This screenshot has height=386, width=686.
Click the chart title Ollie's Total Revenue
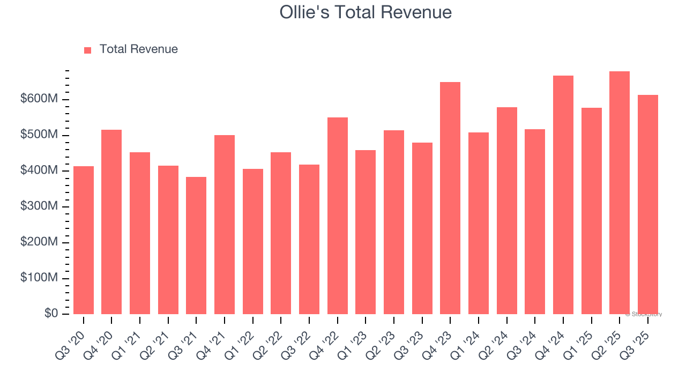coord(366,12)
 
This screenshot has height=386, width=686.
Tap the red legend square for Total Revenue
coord(88,50)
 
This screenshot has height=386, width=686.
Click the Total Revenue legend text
coord(138,49)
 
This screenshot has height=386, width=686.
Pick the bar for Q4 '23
coord(450,198)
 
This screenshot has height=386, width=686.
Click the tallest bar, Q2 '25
coord(620,193)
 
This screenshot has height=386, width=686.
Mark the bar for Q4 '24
coord(563,195)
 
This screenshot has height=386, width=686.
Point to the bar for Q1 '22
coord(253,241)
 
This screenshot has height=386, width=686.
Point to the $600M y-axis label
coord(40,99)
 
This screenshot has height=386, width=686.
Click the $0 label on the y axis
coord(51,314)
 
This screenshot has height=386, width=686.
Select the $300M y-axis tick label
coord(40,206)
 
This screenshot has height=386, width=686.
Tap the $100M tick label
coord(40,278)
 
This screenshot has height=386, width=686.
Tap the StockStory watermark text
coord(644,314)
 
